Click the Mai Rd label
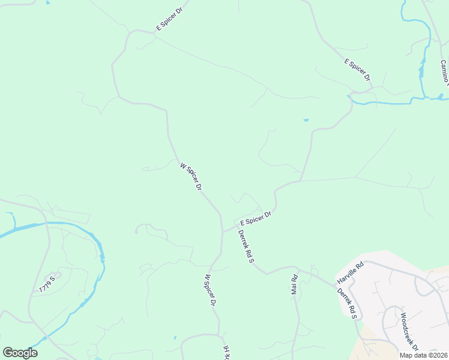coord(295,284)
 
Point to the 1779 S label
coord(47,284)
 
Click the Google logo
coord(20,353)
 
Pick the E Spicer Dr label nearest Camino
coord(357,70)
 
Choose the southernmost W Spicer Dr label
coord(209,290)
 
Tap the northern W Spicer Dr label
coord(190,176)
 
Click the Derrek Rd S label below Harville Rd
coord(347,304)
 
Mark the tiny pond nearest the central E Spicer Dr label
coord(306,120)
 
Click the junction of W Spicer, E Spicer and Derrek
coord(223,231)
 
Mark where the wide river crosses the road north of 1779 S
coord(45,223)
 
